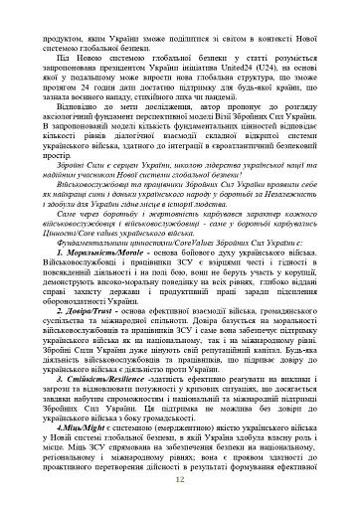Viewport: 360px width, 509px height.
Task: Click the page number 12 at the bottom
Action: (179, 478)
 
